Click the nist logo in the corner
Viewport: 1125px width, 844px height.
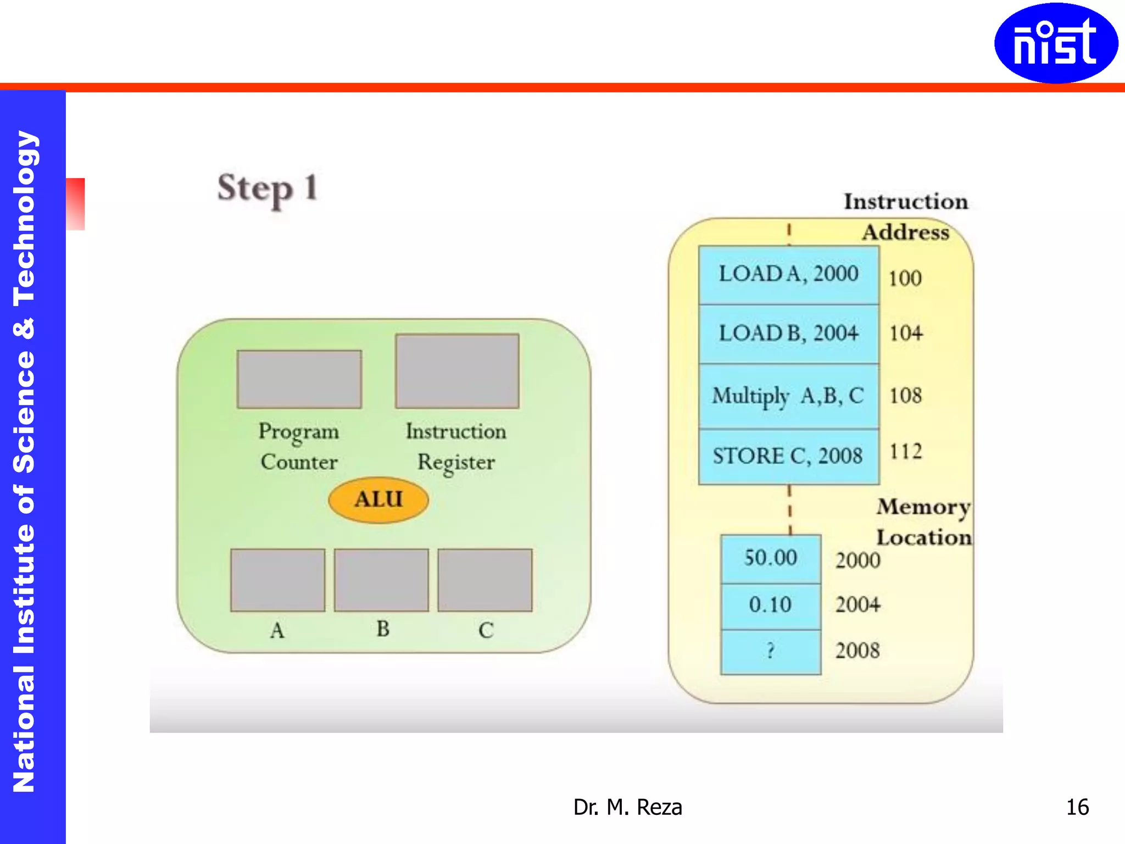[1055, 43]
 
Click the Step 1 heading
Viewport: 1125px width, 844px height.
[268, 188]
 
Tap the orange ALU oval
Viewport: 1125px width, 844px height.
[378, 499]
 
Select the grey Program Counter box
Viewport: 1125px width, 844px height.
[299, 379]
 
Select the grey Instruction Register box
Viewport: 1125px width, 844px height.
[457, 371]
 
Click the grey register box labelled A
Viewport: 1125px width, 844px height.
[277, 580]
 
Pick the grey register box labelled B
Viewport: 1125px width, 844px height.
[381, 580]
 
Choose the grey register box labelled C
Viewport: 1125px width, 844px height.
[485, 580]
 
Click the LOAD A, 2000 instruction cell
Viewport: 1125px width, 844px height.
[788, 275]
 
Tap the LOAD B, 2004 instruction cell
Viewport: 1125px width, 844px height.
[788, 334]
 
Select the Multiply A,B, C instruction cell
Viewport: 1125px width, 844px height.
[788, 396]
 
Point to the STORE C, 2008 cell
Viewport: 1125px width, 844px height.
[788, 456]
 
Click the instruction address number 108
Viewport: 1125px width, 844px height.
[905, 396]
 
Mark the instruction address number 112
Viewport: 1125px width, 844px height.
[905, 452]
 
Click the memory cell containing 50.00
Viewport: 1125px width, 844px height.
[770, 558]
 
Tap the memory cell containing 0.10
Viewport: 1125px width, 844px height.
[770, 605]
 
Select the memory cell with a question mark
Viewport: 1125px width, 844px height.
[770, 651]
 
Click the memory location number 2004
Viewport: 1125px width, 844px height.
[857, 605]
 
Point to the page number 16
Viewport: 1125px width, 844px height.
[1077, 807]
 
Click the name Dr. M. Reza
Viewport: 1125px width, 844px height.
[627, 807]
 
